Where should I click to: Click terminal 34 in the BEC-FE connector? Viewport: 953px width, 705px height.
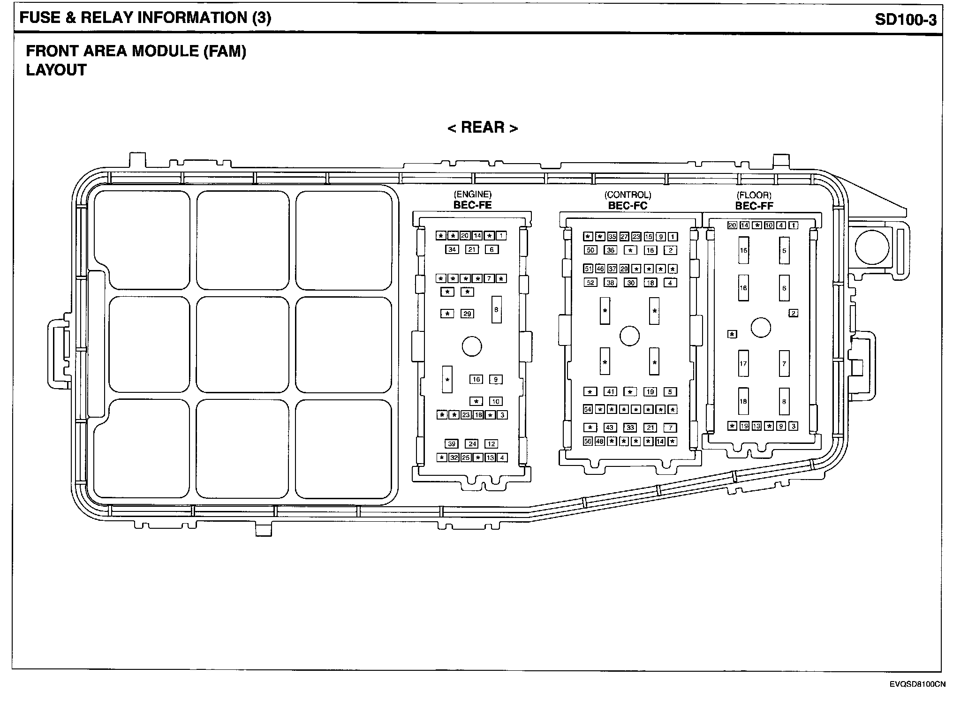(x=452, y=249)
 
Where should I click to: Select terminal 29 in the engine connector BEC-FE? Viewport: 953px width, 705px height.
(x=467, y=314)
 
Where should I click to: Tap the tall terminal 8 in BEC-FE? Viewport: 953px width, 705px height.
(x=496, y=309)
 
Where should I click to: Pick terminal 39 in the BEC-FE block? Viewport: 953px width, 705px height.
(x=451, y=444)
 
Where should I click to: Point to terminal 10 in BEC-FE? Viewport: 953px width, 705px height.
(x=496, y=401)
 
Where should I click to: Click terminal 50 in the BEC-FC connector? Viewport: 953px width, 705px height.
(x=590, y=250)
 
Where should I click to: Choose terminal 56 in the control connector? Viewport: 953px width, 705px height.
(x=588, y=441)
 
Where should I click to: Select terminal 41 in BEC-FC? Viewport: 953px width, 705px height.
(x=610, y=391)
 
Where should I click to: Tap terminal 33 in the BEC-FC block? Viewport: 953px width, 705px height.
(x=630, y=427)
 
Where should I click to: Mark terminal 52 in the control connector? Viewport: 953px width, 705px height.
(x=590, y=283)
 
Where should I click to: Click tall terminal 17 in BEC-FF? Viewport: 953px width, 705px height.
(x=743, y=363)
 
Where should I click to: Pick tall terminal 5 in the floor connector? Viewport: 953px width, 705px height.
(x=784, y=250)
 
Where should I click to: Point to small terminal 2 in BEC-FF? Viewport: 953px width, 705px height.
(x=793, y=313)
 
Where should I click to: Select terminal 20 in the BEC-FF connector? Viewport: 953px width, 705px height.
(x=732, y=225)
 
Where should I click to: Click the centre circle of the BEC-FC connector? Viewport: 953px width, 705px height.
(x=629, y=336)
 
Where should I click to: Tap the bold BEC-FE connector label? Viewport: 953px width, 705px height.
(x=472, y=205)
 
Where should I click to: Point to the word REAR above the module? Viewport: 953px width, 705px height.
(x=483, y=127)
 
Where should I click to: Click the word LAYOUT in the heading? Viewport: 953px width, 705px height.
(x=56, y=70)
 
